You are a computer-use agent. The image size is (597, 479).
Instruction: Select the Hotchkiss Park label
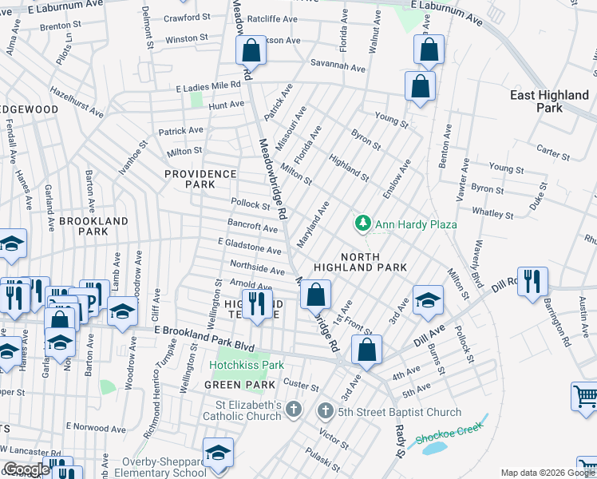coord(247,365)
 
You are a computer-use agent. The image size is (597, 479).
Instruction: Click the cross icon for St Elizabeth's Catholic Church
coord(294,410)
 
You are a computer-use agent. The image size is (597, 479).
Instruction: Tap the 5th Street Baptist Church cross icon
coord(325,412)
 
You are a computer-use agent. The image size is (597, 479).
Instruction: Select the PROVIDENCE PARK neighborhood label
coord(200,179)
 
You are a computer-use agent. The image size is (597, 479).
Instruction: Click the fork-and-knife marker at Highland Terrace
coord(256,303)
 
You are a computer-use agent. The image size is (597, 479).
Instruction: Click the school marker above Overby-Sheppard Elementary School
coord(218,452)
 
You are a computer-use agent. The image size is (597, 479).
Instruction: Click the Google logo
coord(26,469)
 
